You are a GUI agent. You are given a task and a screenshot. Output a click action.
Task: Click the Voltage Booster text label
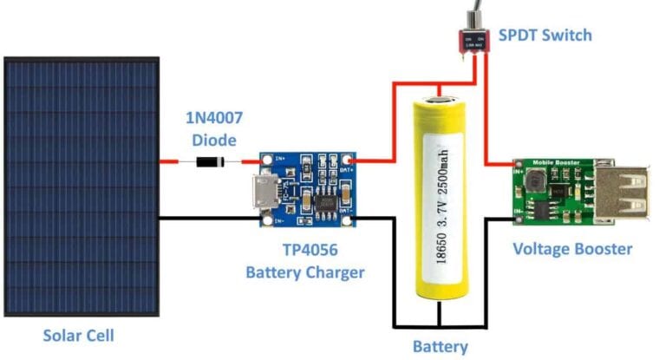pyautogui.click(x=571, y=249)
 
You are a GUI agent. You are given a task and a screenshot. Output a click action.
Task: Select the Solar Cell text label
pyautogui.click(x=79, y=334)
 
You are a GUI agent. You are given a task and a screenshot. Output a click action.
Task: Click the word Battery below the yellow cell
pyautogui.click(x=440, y=347)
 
